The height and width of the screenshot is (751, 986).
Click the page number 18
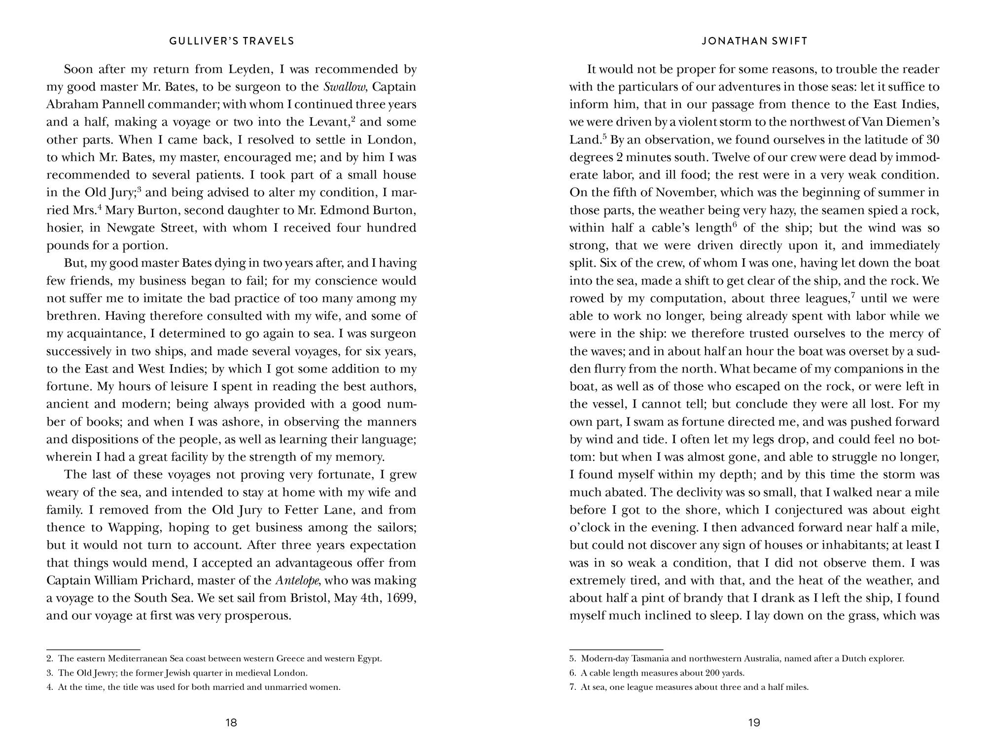(x=231, y=723)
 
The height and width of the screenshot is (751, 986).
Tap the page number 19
(x=754, y=723)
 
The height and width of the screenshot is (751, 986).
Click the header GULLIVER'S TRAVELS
(x=232, y=41)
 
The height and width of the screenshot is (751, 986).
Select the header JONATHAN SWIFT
(x=754, y=41)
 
